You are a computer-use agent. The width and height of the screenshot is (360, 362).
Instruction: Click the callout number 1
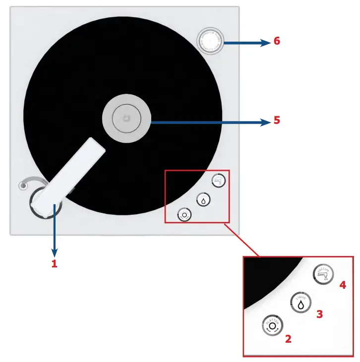pyautogui.click(x=55, y=264)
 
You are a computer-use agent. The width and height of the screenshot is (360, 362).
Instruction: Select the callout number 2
pyautogui.click(x=288, y=339)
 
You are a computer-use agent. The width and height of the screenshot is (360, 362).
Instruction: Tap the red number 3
pyautogui.click(x=319, y=314)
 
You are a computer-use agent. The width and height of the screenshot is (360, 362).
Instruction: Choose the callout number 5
pyautogui.click(x=277, y=120)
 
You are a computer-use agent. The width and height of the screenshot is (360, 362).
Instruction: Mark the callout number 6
pyautogui.click(x=277, y=41)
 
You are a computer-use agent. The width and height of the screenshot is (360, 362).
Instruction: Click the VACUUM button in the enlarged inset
pyautogui.click(x=323, y=273)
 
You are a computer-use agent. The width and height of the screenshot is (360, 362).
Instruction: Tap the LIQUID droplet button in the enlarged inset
pyautogui.click(x=300, y=302)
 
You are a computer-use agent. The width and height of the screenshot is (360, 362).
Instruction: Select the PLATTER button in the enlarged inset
pyautogui.click(x=271, y=326)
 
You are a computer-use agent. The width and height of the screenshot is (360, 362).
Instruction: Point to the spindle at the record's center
pyautogui.click(x=126, y=118)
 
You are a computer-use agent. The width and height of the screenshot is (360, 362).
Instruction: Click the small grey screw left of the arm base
pyautogui.click(x=21, y=186)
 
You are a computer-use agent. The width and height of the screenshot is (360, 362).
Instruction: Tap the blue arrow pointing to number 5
pyautogui.click(x=208, y=121)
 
